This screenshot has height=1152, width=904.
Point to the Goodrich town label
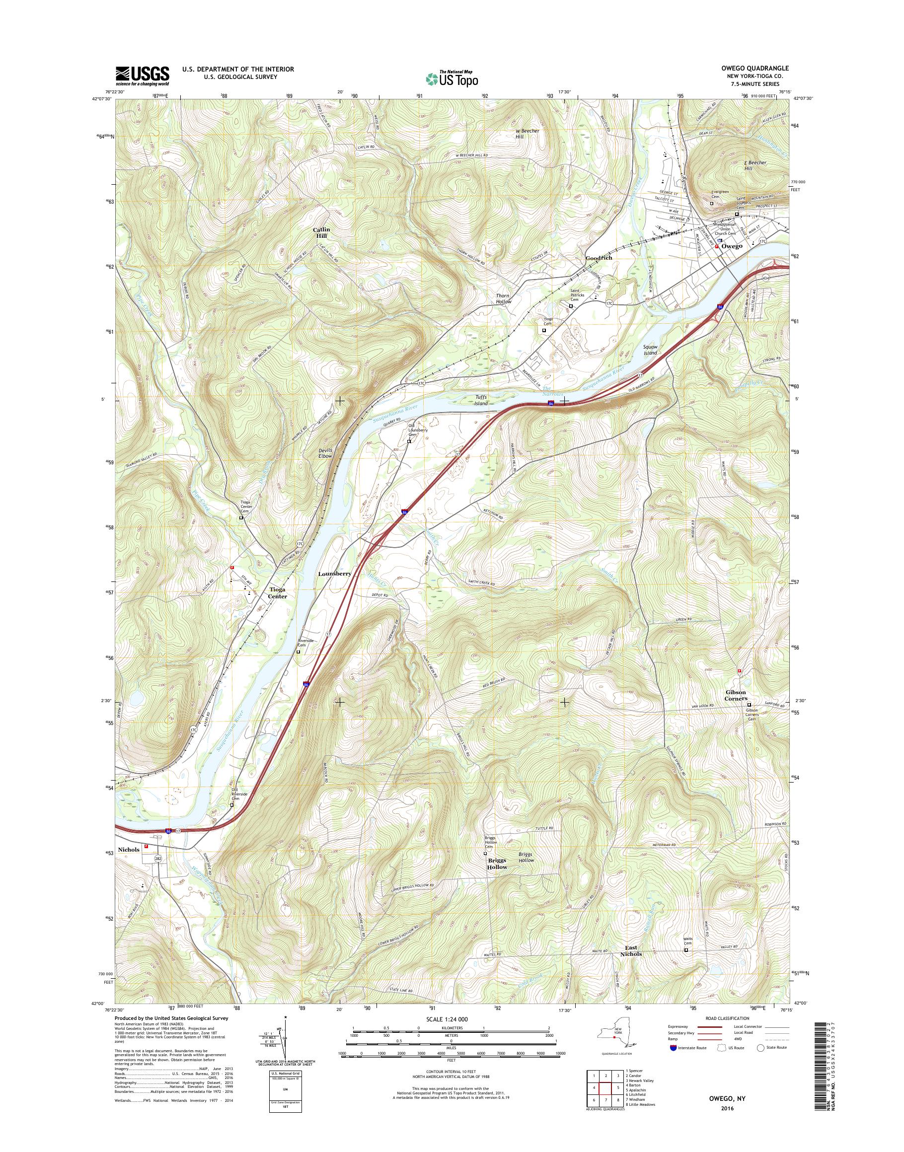(x=599, y=258)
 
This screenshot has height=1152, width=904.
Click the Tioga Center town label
(x=277, y=593)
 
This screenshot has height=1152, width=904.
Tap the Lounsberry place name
(x=334, y=574)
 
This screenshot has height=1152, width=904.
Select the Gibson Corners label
(x=736, y=695)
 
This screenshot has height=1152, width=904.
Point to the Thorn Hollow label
(x=504, y=298)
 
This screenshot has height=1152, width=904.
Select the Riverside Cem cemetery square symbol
(x=298, y=652)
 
